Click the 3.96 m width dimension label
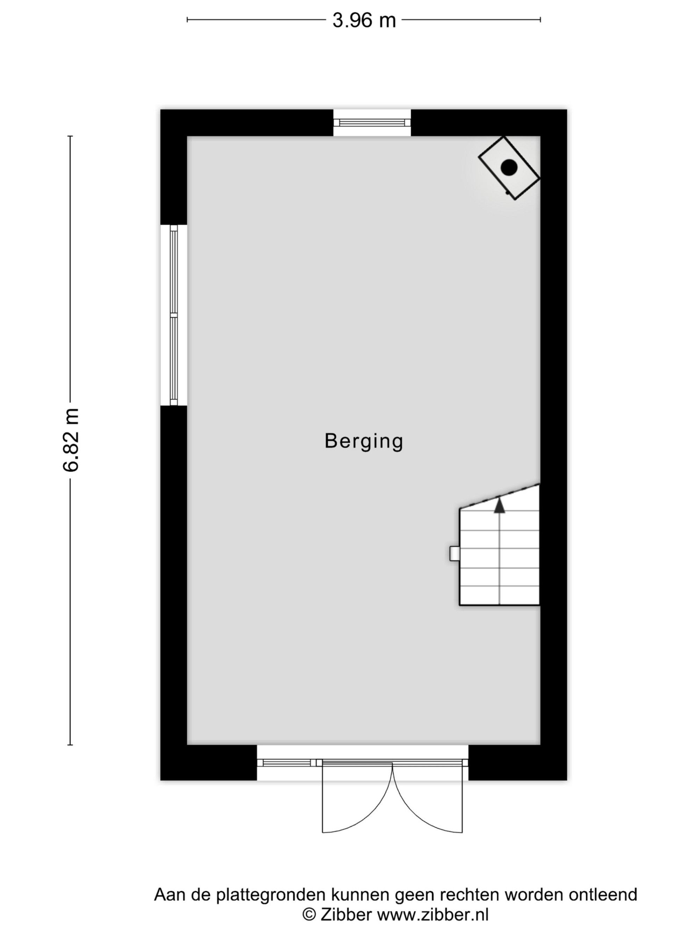tap(364, 20)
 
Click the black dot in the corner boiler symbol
tap(509, 168)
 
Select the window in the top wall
tap(372, 122)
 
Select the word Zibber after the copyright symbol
tap(346, 914)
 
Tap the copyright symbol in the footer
tap(310, 915)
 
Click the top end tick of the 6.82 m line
tap(70, 136)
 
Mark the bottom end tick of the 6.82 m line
tap(70, 744)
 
